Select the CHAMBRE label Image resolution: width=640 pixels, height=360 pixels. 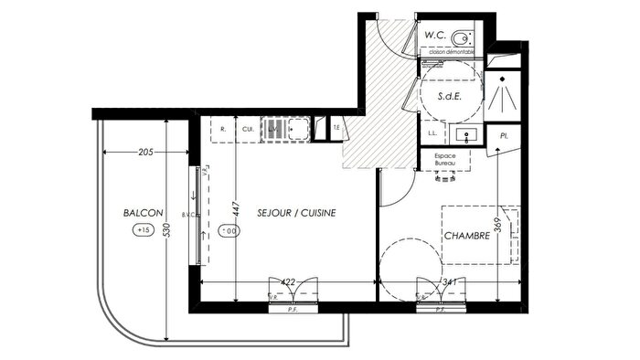coord(467,236)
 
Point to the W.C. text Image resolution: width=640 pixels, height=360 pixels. coord(435,34)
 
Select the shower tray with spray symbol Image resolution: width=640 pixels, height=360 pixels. coord(503,93)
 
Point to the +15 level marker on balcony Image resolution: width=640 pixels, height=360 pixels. coord(143,230)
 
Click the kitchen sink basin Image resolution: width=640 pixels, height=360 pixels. coord(297,130)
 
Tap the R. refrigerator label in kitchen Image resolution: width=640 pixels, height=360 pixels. coord(223,130)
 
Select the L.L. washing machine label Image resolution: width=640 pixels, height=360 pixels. coord(432,134)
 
